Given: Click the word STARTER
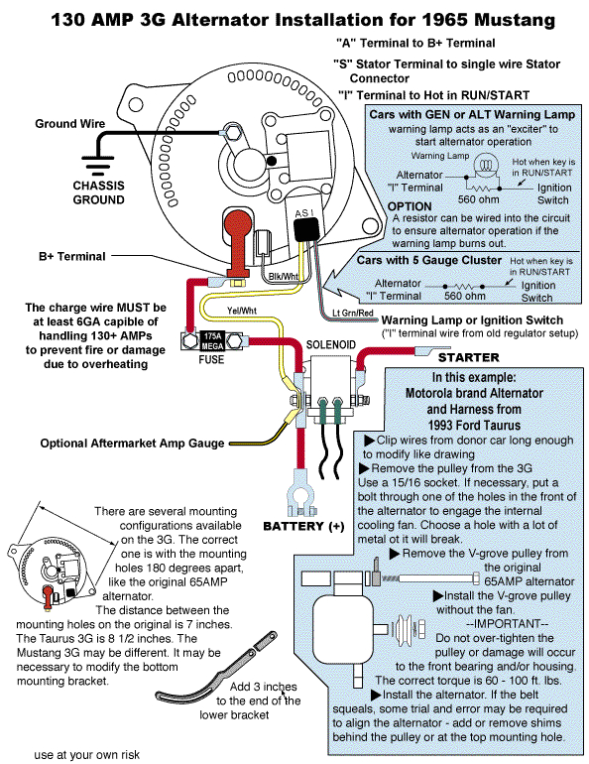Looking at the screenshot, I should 469,356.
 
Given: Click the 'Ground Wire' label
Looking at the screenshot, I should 70,123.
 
